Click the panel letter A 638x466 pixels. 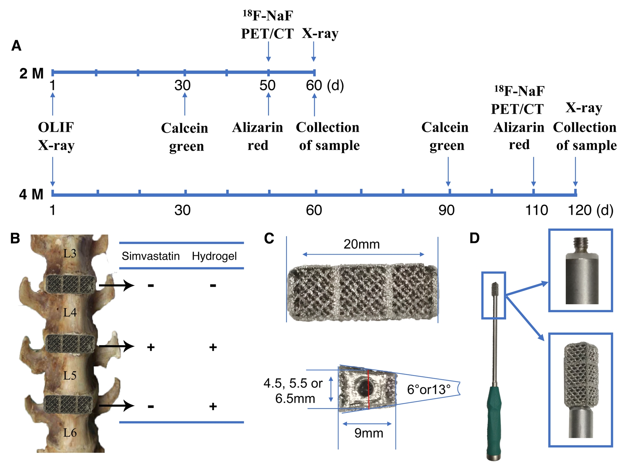[16, 46]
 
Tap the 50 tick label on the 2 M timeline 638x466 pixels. [267, 85]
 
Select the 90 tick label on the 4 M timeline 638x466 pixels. [446, 210]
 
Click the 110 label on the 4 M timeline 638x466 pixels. [536, 210]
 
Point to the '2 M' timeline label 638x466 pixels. [31, 74]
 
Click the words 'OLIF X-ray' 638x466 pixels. [56, 136]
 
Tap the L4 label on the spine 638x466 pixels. [70, 312]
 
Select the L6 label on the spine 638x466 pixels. [70, 432]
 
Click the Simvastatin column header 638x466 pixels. [151, 256]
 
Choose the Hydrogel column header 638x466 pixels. [214, 256]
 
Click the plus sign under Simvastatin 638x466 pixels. [151, 347]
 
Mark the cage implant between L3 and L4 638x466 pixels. [70, 284]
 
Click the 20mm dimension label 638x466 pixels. [362, 244]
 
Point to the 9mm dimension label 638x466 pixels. [369, 433]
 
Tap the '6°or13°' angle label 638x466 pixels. [429, 390]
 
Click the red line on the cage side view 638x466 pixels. [369, 390]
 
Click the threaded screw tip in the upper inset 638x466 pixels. [581, 244]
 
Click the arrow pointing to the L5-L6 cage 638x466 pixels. [116, 406]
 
